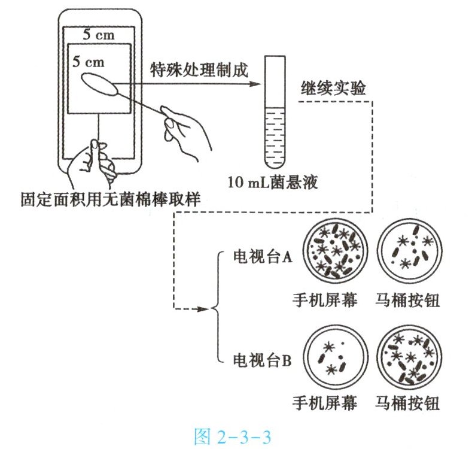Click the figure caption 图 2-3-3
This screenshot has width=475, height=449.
236,435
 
